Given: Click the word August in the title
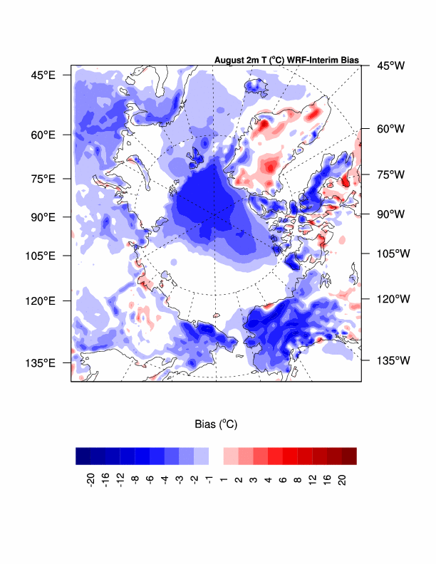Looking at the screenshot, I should click(x=230, y=60).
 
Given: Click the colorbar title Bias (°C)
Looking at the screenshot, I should click(x=216, y=424).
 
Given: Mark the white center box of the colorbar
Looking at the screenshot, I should click(x=216, y=456).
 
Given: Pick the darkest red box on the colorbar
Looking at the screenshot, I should click(x=348, y=456).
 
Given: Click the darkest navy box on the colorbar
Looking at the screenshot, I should click(x=83, y=456).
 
